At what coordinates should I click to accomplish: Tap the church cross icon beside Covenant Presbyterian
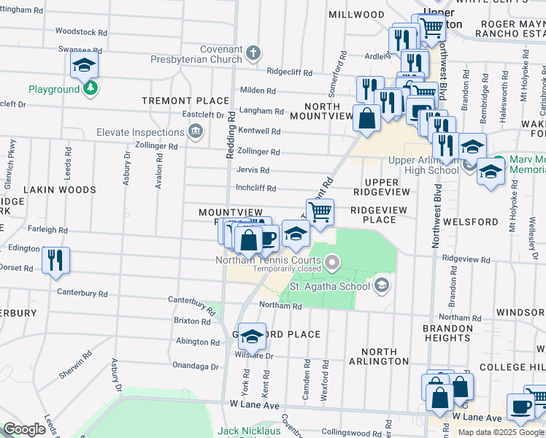click(x=253, y=53)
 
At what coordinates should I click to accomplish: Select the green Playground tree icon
click(x=90, y=89)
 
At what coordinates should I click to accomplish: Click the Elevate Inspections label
click(x=140, y=132)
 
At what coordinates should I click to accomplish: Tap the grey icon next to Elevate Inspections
click(x=195, y=132)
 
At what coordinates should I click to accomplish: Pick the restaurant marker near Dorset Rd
click(x=55, y=260)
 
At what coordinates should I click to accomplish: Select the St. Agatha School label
click(x=331, y=285)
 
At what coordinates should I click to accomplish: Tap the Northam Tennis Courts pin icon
click(x=333, y=261)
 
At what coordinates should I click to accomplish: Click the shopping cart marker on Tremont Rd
click(x=319, y=212)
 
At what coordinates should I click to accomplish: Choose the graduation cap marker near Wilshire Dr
click(x=252, y=335)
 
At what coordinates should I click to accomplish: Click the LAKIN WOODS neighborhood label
click(x=60, y=190)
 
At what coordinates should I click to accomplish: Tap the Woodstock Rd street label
click(x=81, y=32)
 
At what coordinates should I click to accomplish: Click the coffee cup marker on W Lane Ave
click(x=520, y=407)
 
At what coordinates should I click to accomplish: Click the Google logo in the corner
click(x=24, y=429)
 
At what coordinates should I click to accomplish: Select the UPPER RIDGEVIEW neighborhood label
click(x=377, y=187)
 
